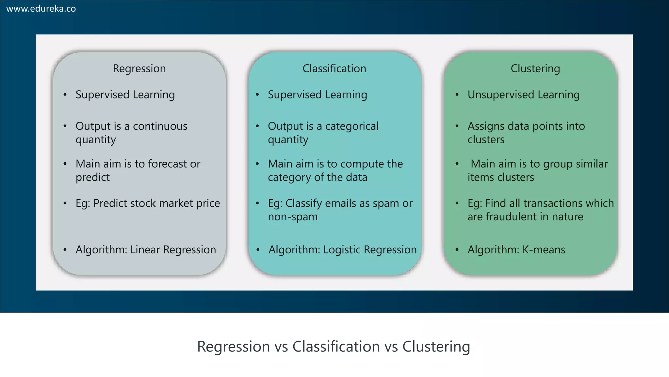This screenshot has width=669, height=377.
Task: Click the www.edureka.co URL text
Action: [x=41, y=9]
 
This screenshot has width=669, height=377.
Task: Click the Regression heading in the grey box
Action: [x=139, y=68]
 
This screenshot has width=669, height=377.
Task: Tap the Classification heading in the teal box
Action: [x=334, y=68]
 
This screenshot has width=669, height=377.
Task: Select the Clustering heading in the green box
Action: [x=535, y=68]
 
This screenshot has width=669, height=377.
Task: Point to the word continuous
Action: [x=160, y=126]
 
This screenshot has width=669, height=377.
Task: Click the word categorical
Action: [x=352, y=126]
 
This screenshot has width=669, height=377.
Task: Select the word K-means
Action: [x=544, y=250]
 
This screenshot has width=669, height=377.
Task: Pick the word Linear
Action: [x=145, y=250]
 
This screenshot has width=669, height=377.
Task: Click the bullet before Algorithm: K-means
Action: [x=457, y=250]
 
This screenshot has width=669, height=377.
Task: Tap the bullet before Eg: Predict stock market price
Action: [x=65, y=204]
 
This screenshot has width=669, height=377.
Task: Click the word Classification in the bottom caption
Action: [x=336, y=347]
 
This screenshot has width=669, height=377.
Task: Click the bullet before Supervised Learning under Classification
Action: [x=257, y=95]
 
